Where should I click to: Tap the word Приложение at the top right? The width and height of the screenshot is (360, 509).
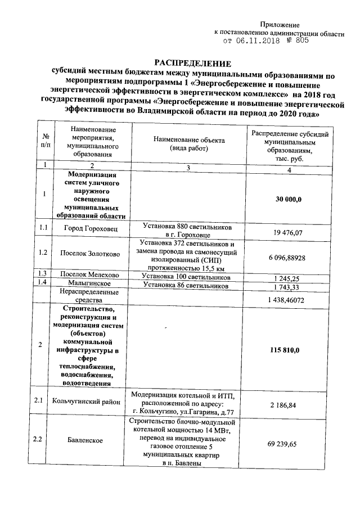tap(280, 25)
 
